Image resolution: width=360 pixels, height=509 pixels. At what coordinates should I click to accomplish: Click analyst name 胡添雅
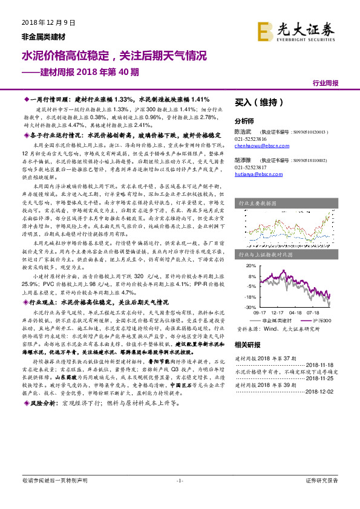243,160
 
